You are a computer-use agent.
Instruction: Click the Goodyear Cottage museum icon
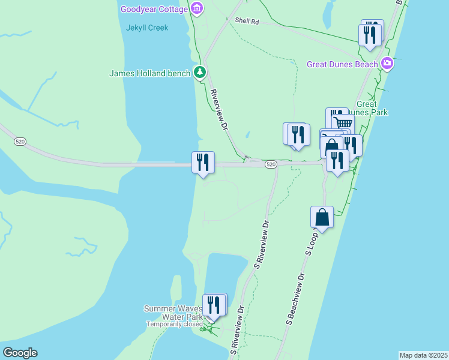197,8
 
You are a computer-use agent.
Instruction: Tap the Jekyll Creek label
147,28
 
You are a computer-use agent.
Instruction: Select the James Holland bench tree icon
200,73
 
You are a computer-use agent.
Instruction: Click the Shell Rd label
246,21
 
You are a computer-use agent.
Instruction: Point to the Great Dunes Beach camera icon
387,63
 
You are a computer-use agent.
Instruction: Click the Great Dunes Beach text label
342,64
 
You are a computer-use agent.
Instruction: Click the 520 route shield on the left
20,141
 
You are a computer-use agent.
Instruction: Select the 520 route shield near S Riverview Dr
271,164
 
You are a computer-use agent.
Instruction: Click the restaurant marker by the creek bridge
203,162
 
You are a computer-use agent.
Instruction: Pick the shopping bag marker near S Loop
322,217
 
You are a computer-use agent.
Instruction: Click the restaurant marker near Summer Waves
214,305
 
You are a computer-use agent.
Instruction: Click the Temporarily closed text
175,325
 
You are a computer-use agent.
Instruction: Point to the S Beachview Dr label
295,301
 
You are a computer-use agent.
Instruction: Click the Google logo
20,353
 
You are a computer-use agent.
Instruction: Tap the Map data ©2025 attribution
423,355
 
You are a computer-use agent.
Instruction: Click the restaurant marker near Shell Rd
370,34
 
